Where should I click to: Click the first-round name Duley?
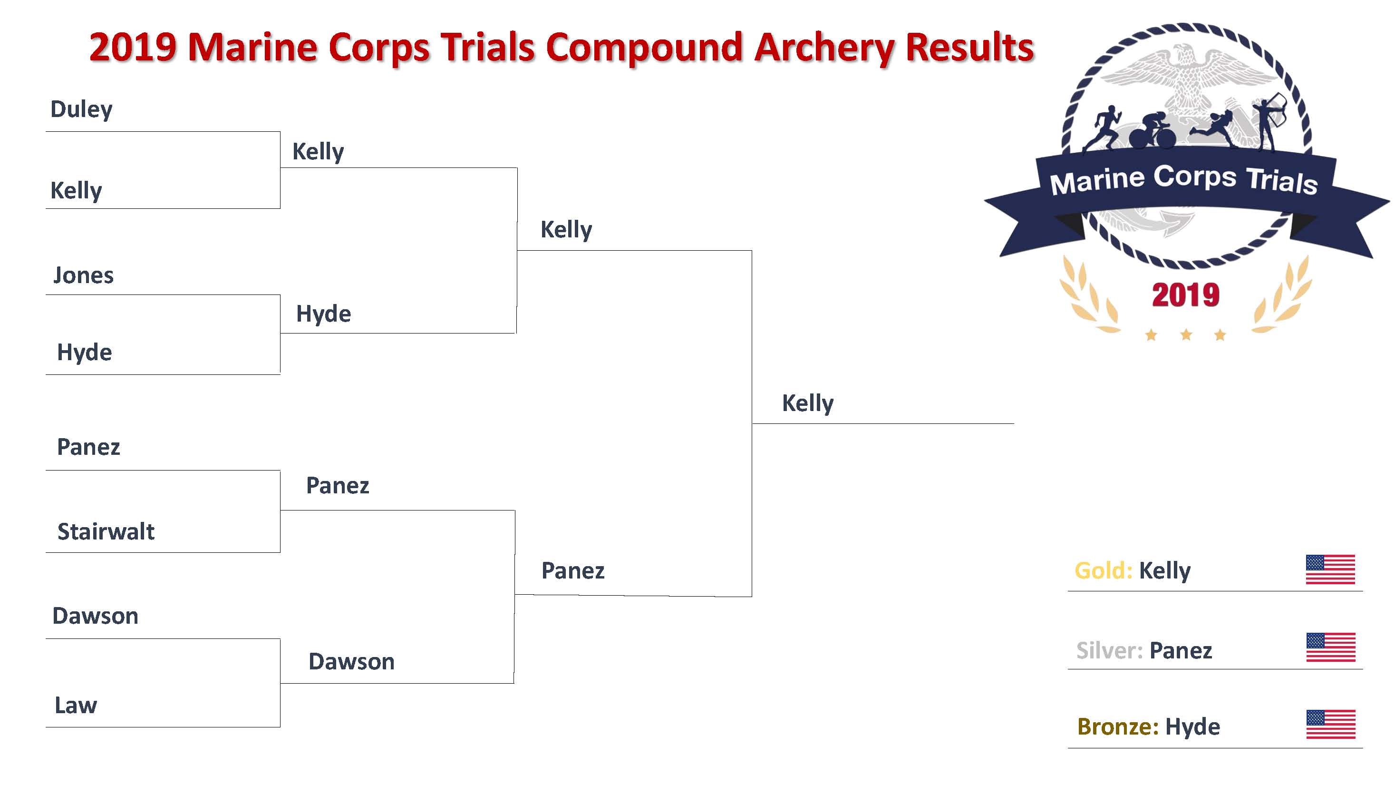81,109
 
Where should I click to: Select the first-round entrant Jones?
83,275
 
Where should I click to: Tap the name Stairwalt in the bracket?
106,531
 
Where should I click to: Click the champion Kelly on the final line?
807,403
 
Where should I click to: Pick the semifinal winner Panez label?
573,570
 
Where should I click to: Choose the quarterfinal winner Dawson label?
351,661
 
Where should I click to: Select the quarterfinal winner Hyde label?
323,314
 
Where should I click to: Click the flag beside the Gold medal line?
1330,569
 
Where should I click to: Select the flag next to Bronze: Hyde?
1330,724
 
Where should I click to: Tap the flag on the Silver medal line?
1330,647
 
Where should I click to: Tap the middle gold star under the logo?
1186,335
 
